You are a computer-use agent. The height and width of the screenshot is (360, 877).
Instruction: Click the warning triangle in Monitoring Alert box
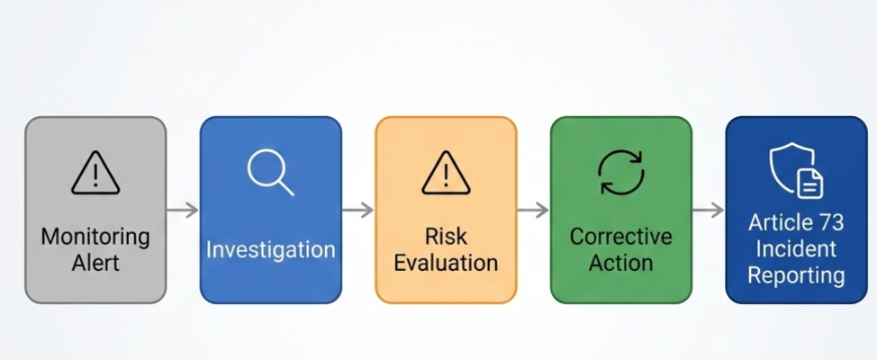pos(95,172)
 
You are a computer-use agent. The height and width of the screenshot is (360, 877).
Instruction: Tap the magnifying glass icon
pos(270,171)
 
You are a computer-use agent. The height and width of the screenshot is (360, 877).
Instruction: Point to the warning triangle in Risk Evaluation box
pos(446,172)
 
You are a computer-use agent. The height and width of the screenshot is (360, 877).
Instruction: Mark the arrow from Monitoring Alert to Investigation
pos(183,211)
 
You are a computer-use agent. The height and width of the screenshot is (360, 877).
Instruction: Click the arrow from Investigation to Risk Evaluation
pos(358,211)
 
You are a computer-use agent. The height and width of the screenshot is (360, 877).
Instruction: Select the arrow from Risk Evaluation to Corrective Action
pos(533,211)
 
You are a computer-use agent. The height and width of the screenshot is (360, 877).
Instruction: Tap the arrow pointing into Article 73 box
pos(709,211)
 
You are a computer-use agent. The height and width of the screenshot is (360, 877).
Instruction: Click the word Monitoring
pos(95,238)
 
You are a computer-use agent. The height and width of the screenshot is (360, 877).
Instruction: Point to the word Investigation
pos(270,249)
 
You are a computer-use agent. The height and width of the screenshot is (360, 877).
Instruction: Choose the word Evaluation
pos(447,263)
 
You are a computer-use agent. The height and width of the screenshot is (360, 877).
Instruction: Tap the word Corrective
pos(621,238)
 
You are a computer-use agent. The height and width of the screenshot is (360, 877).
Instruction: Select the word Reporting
pos(796,274)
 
